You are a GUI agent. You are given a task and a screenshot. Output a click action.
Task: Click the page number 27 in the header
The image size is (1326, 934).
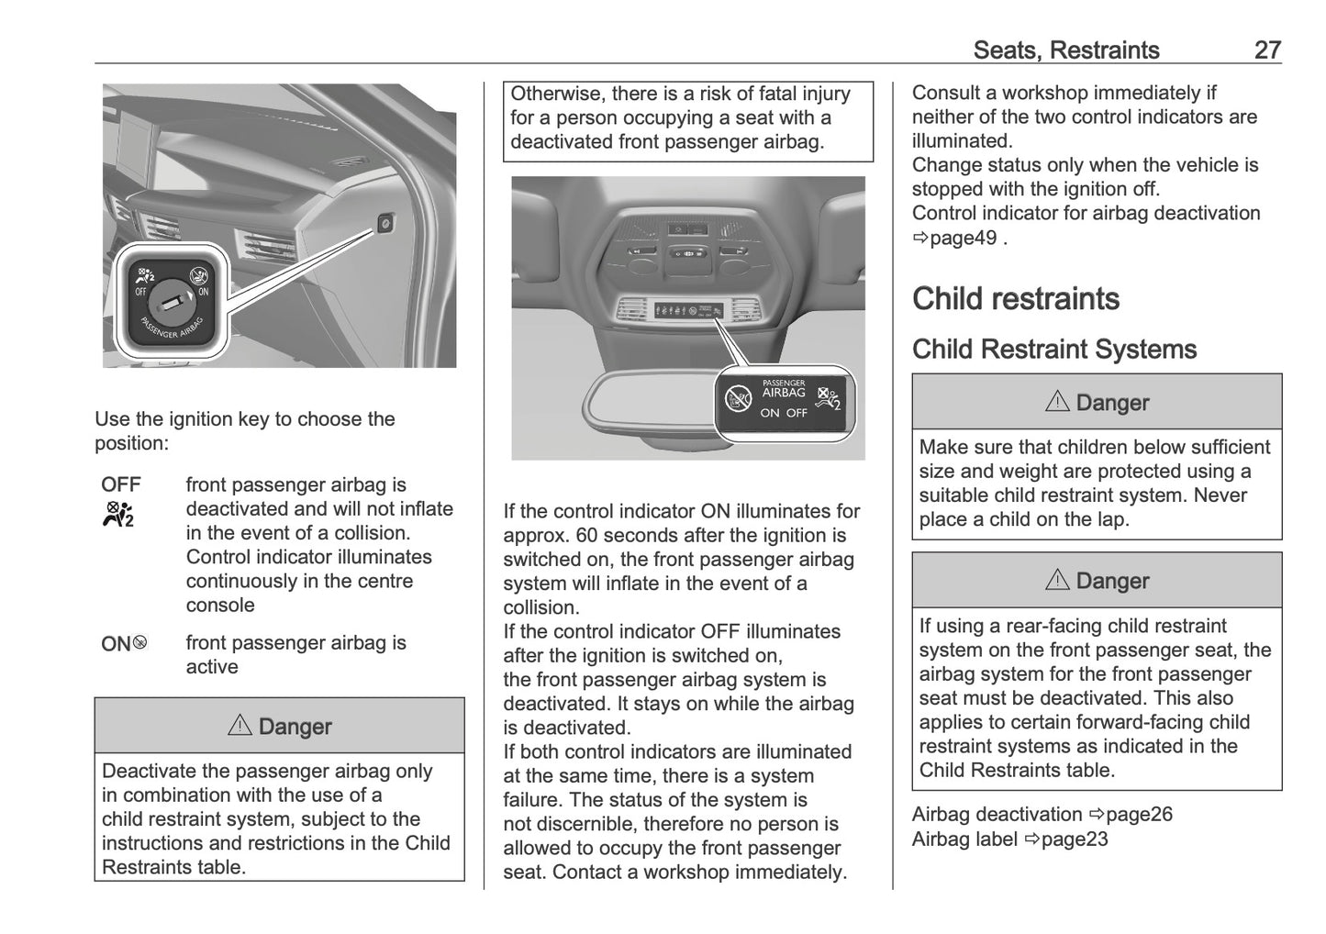click(x=1266, y=50)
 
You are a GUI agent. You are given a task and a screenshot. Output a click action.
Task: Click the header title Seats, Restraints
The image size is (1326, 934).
click(x=1065, y=50)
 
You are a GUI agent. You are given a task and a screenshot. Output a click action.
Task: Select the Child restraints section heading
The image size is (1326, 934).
click(x=1015, y=299)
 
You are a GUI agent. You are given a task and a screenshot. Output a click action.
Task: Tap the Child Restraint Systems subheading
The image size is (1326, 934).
click(x=1053, y=350)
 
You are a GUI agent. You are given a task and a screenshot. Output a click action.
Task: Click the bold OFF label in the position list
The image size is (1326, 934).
click(x=121, y=484)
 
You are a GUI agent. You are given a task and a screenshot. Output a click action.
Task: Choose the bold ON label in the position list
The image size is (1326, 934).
click(x=116, y=644)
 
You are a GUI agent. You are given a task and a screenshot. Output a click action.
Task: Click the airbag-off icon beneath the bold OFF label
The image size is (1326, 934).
click(x=119, y=513)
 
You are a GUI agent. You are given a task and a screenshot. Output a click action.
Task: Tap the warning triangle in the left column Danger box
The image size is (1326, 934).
click(x=240, y=726)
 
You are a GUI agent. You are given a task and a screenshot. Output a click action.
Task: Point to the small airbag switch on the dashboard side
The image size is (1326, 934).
click(x=385, y=223)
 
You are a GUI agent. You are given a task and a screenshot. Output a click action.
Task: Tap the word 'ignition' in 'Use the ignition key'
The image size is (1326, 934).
click(x=202, y=419)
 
